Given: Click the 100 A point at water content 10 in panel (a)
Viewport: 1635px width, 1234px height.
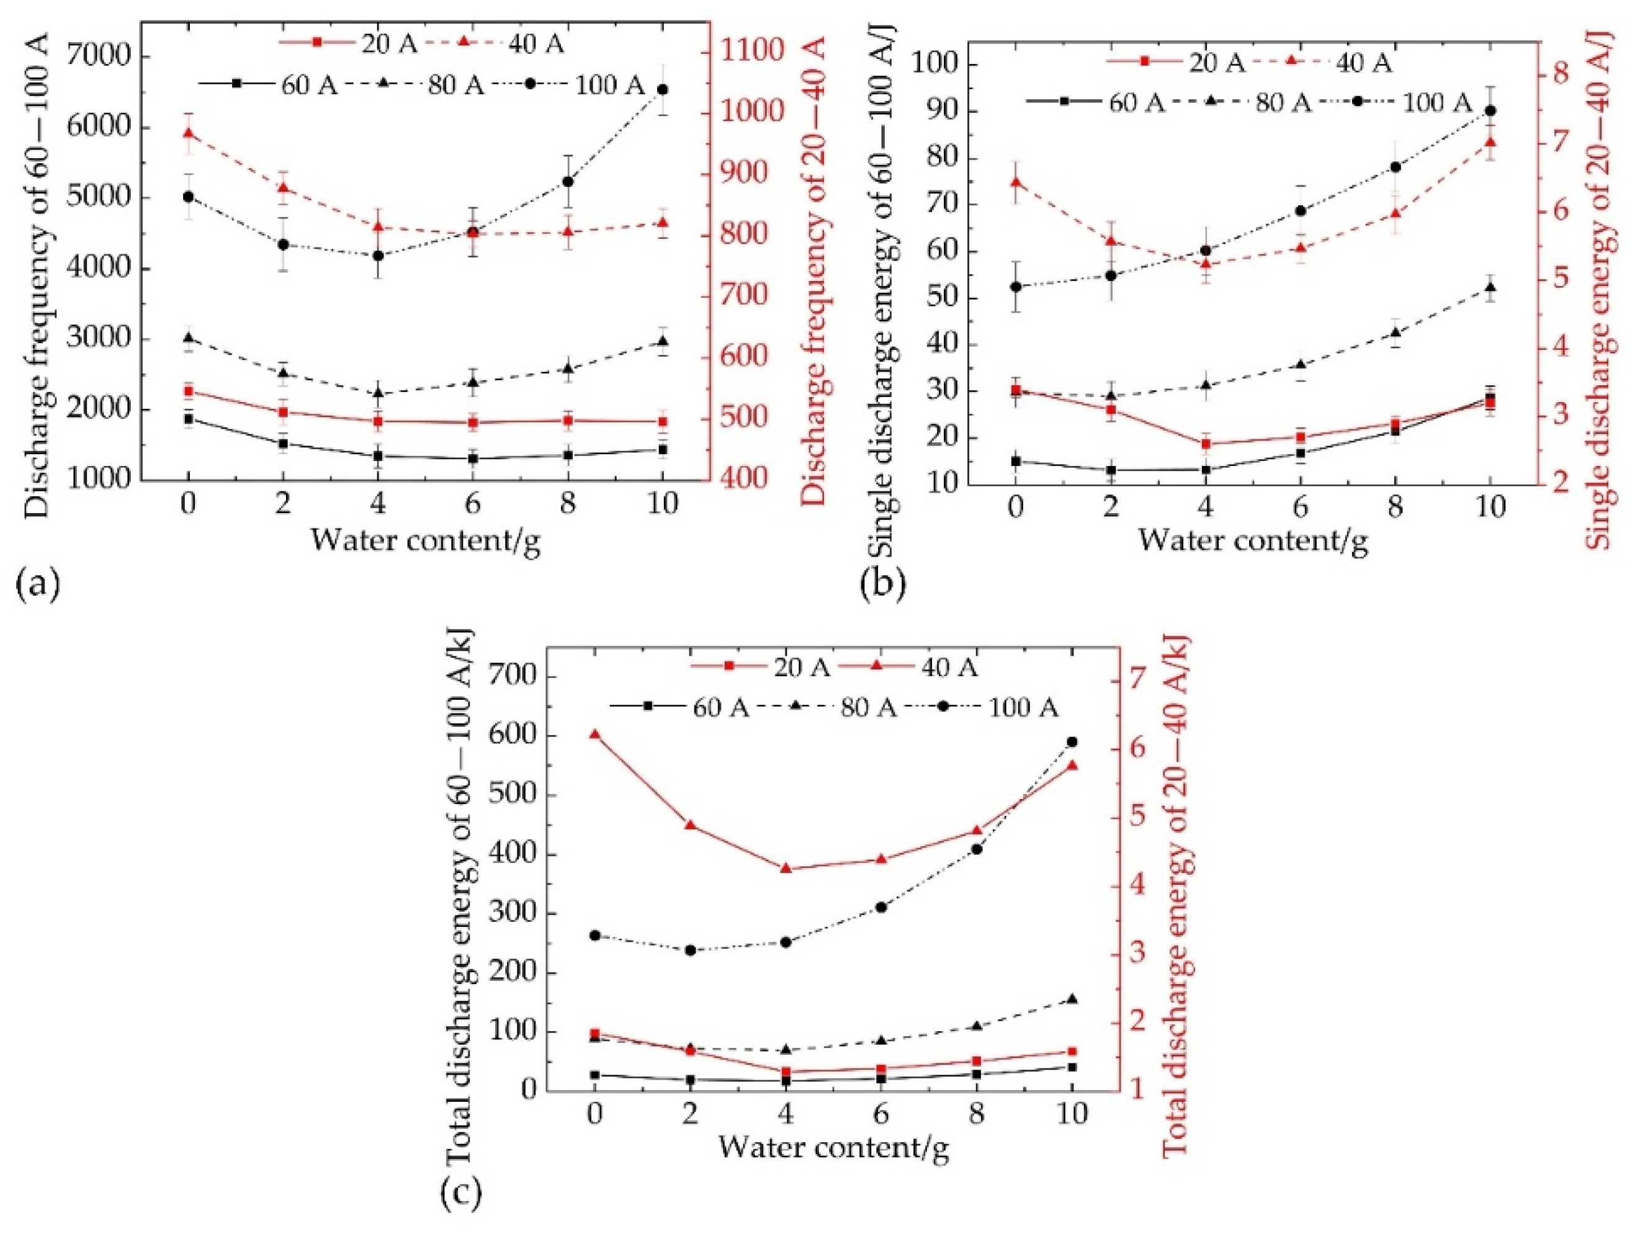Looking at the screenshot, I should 662,89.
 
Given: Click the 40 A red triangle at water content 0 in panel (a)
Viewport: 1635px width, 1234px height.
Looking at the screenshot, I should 189,133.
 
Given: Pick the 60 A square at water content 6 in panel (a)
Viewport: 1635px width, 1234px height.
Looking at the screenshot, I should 472,459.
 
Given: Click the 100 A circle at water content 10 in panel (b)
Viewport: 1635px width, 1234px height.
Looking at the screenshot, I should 1490,111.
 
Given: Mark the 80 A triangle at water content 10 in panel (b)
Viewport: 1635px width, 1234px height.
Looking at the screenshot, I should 1490,287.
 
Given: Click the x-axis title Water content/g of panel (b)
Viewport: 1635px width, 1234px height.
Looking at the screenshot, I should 1252,540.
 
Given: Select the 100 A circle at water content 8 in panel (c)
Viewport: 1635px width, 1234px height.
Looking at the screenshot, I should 977,849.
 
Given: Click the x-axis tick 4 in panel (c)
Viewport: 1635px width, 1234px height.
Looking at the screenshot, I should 785,1114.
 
